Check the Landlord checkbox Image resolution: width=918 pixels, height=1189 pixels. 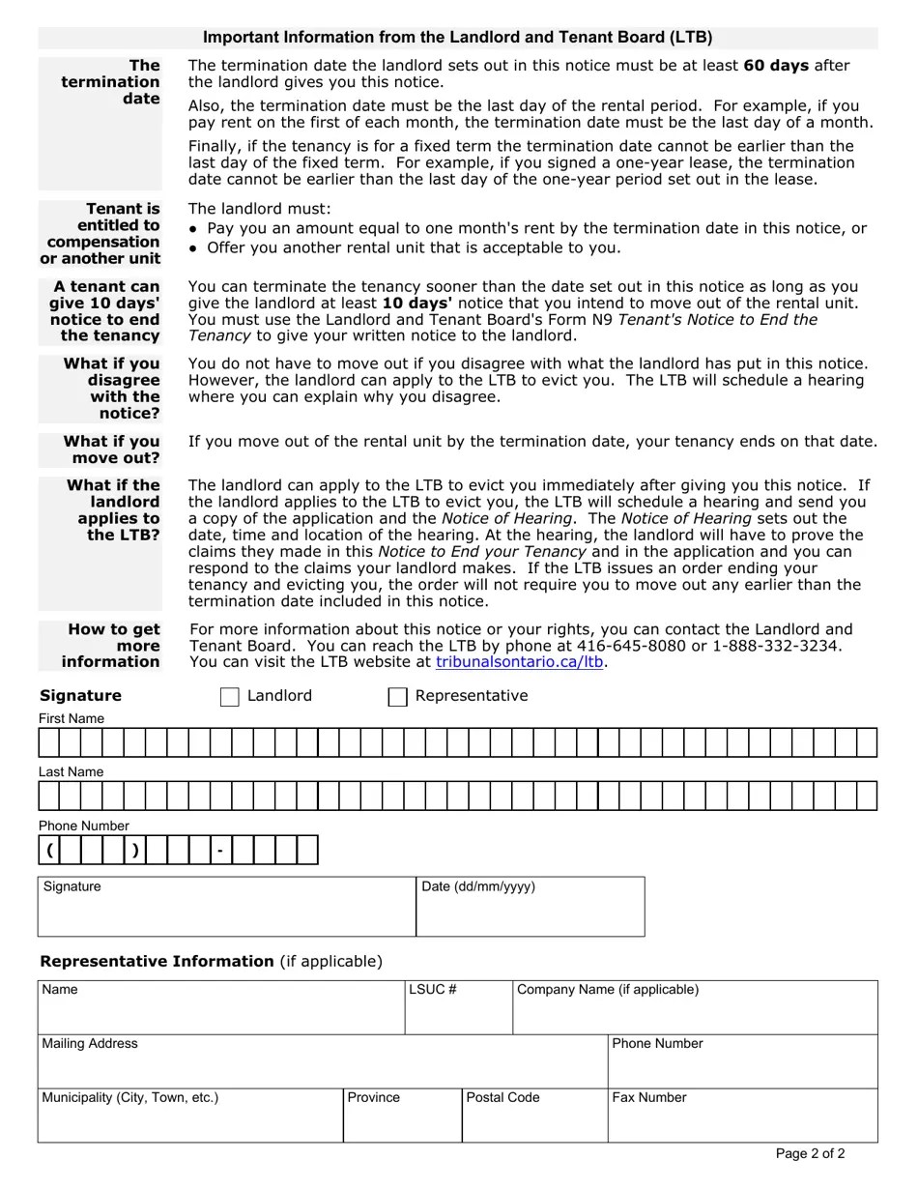click(x=230, y=697)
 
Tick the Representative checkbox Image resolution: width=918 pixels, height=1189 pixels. click(x=397, y=697)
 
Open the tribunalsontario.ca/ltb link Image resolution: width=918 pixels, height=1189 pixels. click(x=519, y=662)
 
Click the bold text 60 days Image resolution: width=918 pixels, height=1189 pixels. click(x=776, y=66)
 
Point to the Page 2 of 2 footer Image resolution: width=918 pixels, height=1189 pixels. click(x=810, y=1153)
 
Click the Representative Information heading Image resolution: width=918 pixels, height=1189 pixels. click(x=157, y=961)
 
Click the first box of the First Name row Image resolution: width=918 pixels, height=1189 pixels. click(x=49, y=742)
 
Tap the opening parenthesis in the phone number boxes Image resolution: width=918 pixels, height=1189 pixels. click(x=49, y=851)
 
